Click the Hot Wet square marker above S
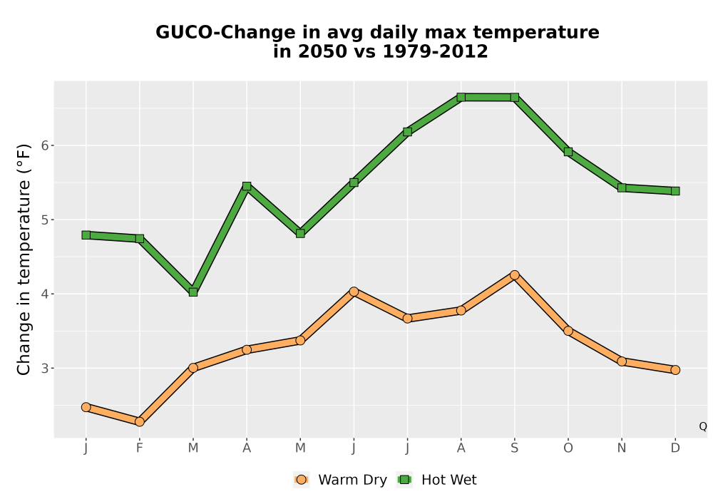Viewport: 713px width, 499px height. pyautogui.click(x=514, y=97)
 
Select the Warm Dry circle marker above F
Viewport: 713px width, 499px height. pyautogui.click(x=140, y=422)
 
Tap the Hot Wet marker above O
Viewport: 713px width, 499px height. pyautogui.click(x=568, y=152)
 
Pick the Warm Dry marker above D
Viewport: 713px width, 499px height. pyautogui.click(x=675, y=370)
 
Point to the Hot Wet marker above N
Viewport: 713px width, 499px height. pyautogui.click(x=622, y=187)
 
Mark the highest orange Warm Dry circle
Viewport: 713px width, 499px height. pyautogui.click(x=514, y=275)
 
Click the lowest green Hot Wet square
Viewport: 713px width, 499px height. pyautogui.click(x=193, y=292)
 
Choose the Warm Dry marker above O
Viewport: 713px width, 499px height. pyautogui.click(x=568, y=331)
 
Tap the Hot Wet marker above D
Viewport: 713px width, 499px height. pyautogui.click(x=675, y=191)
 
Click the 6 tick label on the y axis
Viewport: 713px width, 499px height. pyautogui.click(x=44, y=145)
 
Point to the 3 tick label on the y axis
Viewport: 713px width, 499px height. pyautogui.click(x=44, y=368)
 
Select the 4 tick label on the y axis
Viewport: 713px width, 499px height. pyautogui.click(x=44, y=294)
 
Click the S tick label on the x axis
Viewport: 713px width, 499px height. pyautogui.click(x=514, y=448)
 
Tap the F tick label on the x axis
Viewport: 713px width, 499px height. pyautogui.click(x=140, y=448)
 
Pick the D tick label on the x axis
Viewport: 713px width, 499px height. pyautogui.click(x=675, y=448)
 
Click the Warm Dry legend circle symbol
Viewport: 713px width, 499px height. pyautogui.click(x=301, y=480)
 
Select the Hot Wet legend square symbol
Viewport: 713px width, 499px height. pyautogui.click(x=404, y=480)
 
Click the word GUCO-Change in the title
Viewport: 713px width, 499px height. pyautogui.click(x=225, y=33)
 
